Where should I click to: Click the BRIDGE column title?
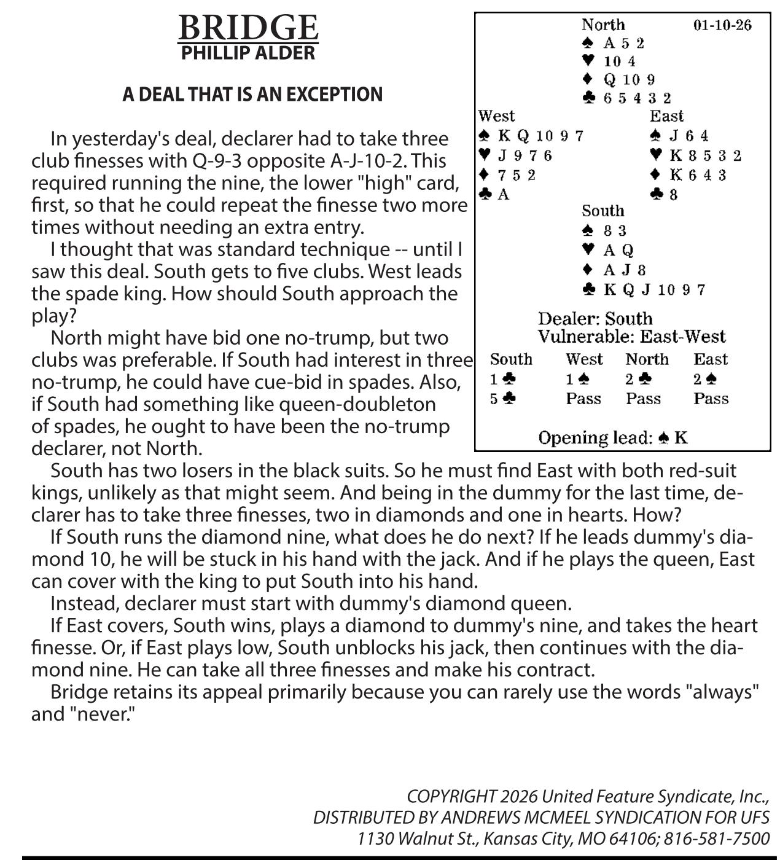tap(248, 28)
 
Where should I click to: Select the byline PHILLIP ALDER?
tap(248, 53)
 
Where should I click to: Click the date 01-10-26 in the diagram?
tap(722, 25)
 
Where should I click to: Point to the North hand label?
tap(603, 25)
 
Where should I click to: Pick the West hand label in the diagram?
tap(496, 116)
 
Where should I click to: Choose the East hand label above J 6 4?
tap(666, 116)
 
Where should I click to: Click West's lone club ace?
tap(495, 195)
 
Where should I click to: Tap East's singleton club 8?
tap(665, 195)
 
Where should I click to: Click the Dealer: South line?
tap(595, 319)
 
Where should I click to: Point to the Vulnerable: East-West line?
tap(631, 337)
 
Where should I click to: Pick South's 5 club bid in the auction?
tap(503, 399)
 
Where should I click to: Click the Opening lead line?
tap(613, 438)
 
